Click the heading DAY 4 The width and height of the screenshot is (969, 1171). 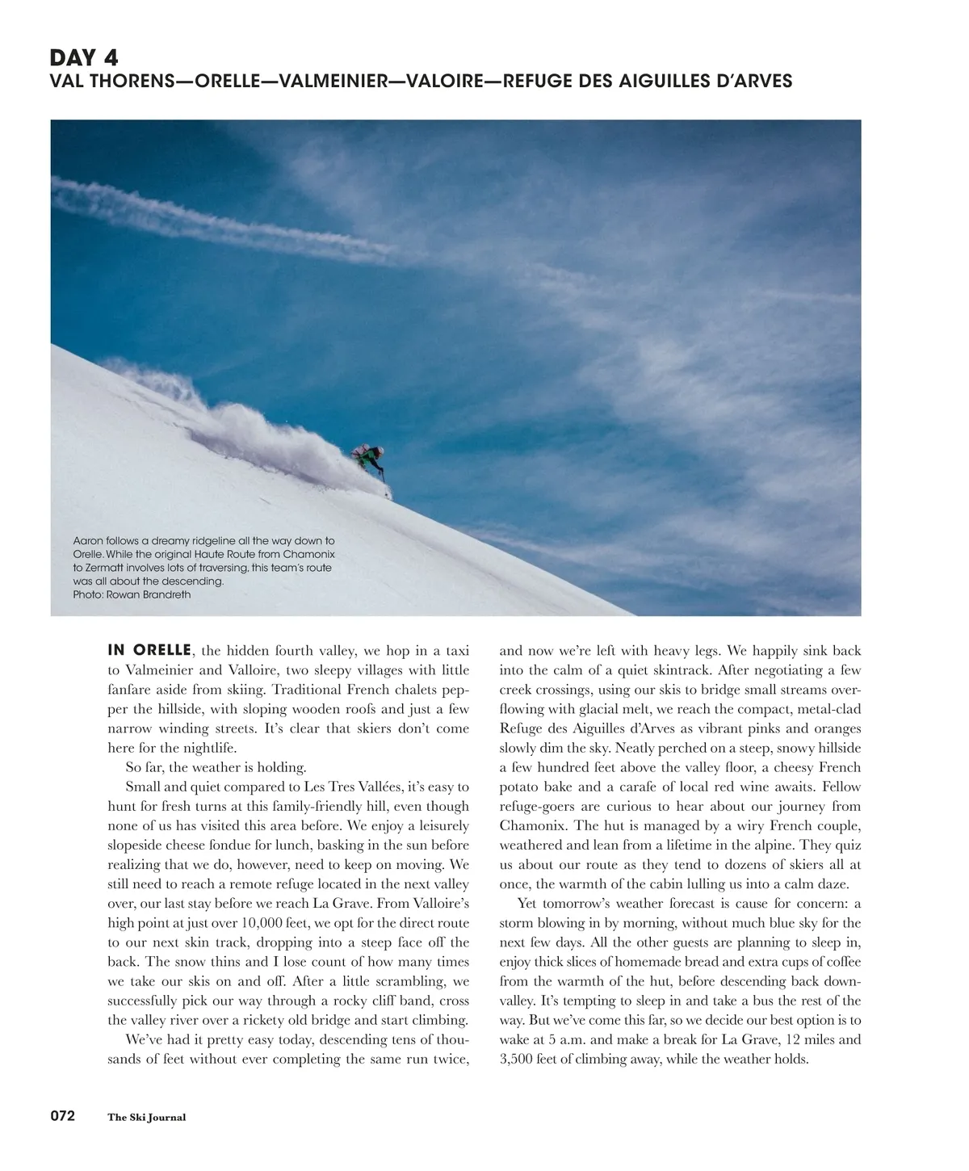pyautogui.click(x=84, y=58)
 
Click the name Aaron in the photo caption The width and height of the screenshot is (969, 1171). pyautogui.click(x=88, y=540)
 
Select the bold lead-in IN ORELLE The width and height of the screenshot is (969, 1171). pyautogui.click(x=149, y=650)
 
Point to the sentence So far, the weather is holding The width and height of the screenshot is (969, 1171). pyautogui.click(x=216, y=767)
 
